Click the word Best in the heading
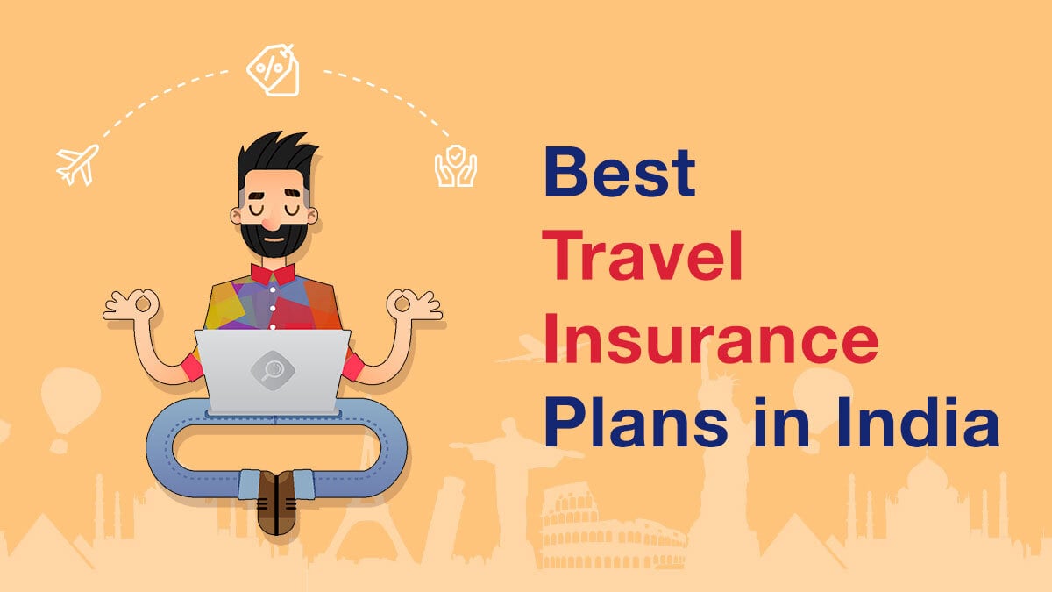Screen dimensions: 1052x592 point(620,172)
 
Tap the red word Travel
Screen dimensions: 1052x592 point(642,255)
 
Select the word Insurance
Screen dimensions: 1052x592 point(711,339)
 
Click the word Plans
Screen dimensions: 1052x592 point(636,422)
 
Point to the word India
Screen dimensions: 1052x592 point(917,422)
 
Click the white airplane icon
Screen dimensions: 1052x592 point(77,165)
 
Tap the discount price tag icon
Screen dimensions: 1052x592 point(274,70)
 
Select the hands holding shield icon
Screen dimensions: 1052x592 point(456,166)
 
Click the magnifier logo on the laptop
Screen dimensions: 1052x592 point(273,371)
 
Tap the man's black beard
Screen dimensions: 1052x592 point(274,239)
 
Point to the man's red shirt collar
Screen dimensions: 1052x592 point(273,275)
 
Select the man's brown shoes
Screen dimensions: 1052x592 point(277,503)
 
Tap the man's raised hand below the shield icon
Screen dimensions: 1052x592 point(413,305)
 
